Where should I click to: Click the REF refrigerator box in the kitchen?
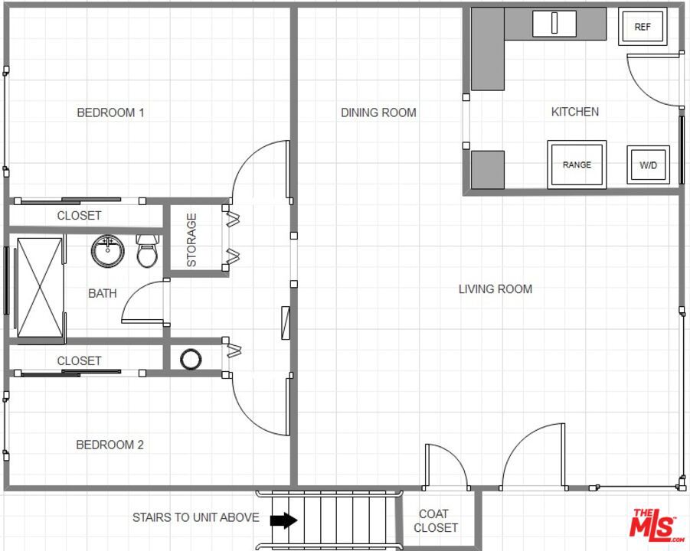coord(642,27)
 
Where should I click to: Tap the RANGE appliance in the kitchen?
coord(577,165)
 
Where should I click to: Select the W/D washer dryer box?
coord(648,165)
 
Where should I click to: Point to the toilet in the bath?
coord(147,251)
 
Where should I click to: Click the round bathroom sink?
coord(107,250)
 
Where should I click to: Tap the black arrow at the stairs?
coord(283,520)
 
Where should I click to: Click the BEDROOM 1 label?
coord(110,112)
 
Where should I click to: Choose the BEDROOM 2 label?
coord(110,445)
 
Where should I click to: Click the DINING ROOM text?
coord(378,112)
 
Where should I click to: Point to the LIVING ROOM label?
coord(495,289)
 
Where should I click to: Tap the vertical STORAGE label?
coord(191,240)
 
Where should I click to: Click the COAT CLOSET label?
coord(435,520)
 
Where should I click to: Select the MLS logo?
coord(656,525)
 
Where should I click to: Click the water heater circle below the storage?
coord(190,357)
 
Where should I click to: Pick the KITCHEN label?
coord(574,112)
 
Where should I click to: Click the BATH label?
coord(103,293)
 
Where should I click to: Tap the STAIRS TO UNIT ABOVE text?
coord(195,517)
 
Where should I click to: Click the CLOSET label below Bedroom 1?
coord(79,216)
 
